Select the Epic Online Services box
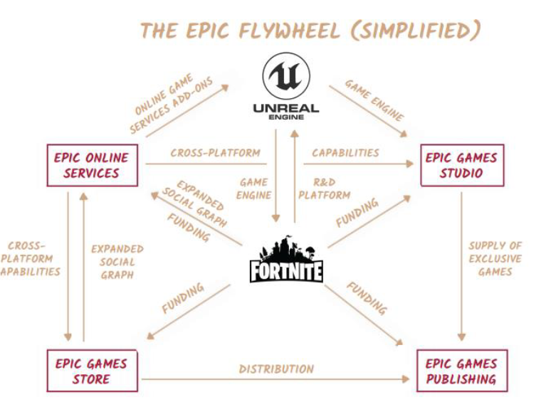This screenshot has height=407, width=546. [x=92, y=165]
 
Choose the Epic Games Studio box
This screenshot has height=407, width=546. [x=461, y=165]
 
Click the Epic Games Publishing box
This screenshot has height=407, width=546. [x=461, y=371]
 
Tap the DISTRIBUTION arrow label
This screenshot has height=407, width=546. [x=276, y=369]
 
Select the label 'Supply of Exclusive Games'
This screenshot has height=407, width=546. [x=495, y=258]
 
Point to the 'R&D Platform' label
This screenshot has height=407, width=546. [x=324, y=188]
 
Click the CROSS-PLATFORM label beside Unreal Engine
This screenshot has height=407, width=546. [x=215, y=152]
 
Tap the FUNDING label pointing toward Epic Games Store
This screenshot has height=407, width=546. [x=183, y=297]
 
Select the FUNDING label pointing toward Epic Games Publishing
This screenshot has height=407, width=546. [x=367, y=298]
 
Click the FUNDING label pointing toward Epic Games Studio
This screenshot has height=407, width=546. [x=357, y=213]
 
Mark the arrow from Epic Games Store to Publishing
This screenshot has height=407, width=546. [x=276, y=380]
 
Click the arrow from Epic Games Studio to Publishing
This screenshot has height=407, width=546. [x=461, y=263]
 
